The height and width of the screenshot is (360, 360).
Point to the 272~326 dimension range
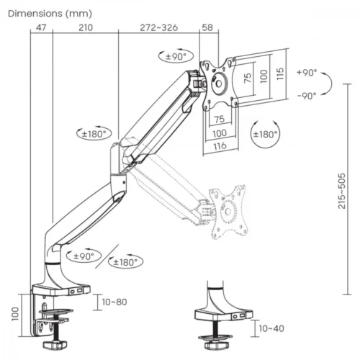[158, 27]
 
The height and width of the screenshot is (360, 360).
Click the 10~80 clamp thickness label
[114, 302]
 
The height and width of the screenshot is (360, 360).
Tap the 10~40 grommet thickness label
[270, 328]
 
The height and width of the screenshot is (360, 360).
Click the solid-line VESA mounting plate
[219, 84]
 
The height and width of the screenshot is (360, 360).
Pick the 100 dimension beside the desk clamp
[15, 313]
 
